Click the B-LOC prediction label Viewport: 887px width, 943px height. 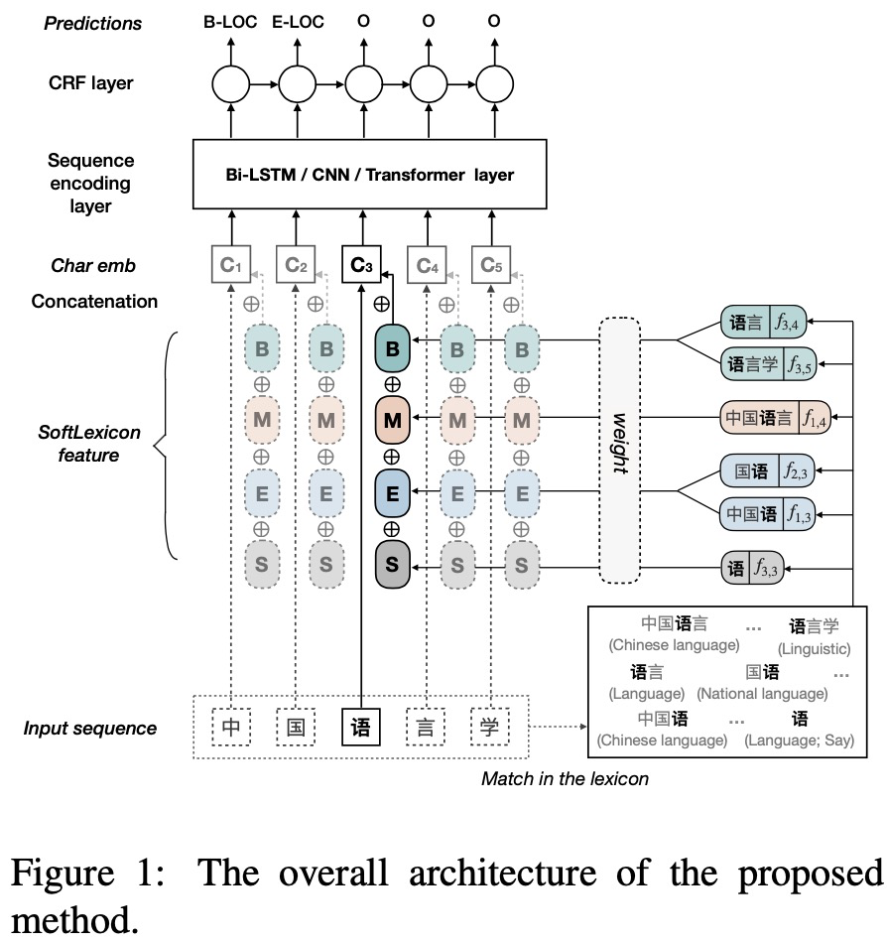(x=230, y=22)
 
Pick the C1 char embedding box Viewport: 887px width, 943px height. (x=230, y=264)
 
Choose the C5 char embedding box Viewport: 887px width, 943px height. (x=492, y=264)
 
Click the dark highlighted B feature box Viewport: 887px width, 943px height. (x=392, y=348)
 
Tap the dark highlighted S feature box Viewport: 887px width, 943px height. (x=392, y=566)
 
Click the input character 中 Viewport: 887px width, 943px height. (x=230, y=728)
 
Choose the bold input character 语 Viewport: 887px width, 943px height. (x=360, y=728)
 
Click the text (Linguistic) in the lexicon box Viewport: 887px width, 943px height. (x=814, y=648)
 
